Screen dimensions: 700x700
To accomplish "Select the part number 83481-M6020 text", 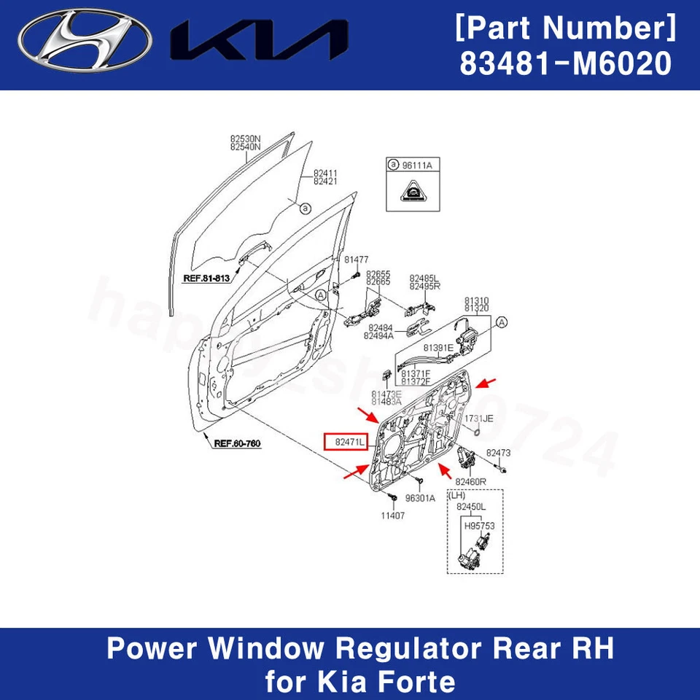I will tap(565, 64).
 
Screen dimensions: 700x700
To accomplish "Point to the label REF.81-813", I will tap(206, 278).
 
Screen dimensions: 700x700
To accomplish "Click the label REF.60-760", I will tap(237, 443).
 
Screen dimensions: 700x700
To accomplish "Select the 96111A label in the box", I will tap(418, 166).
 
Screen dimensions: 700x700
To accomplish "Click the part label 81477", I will tap(357, 259).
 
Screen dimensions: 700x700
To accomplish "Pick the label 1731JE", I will tap(479, 418).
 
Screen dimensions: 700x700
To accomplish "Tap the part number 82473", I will tap(499, 453).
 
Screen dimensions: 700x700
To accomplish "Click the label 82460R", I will tap(470, 482).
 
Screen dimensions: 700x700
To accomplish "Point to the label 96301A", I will tap(420, 499).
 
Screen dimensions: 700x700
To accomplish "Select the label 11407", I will tap(393, 515).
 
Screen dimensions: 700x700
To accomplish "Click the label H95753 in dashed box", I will tap(479, 524).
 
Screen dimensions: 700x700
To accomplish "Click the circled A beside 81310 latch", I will tap(502, 322).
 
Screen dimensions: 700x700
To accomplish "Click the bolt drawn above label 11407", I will tap(392, 497).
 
